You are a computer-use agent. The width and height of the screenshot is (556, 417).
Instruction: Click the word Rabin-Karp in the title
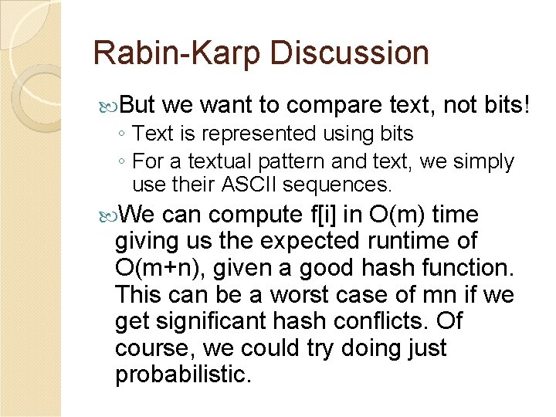[x=177, y=53]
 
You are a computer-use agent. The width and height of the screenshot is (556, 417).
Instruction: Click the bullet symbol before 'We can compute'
[x=110, y=214]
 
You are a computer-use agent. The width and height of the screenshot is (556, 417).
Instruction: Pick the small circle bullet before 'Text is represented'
[x=124, y=134]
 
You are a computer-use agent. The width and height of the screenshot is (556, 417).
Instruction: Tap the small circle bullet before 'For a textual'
[x=124, y=163]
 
